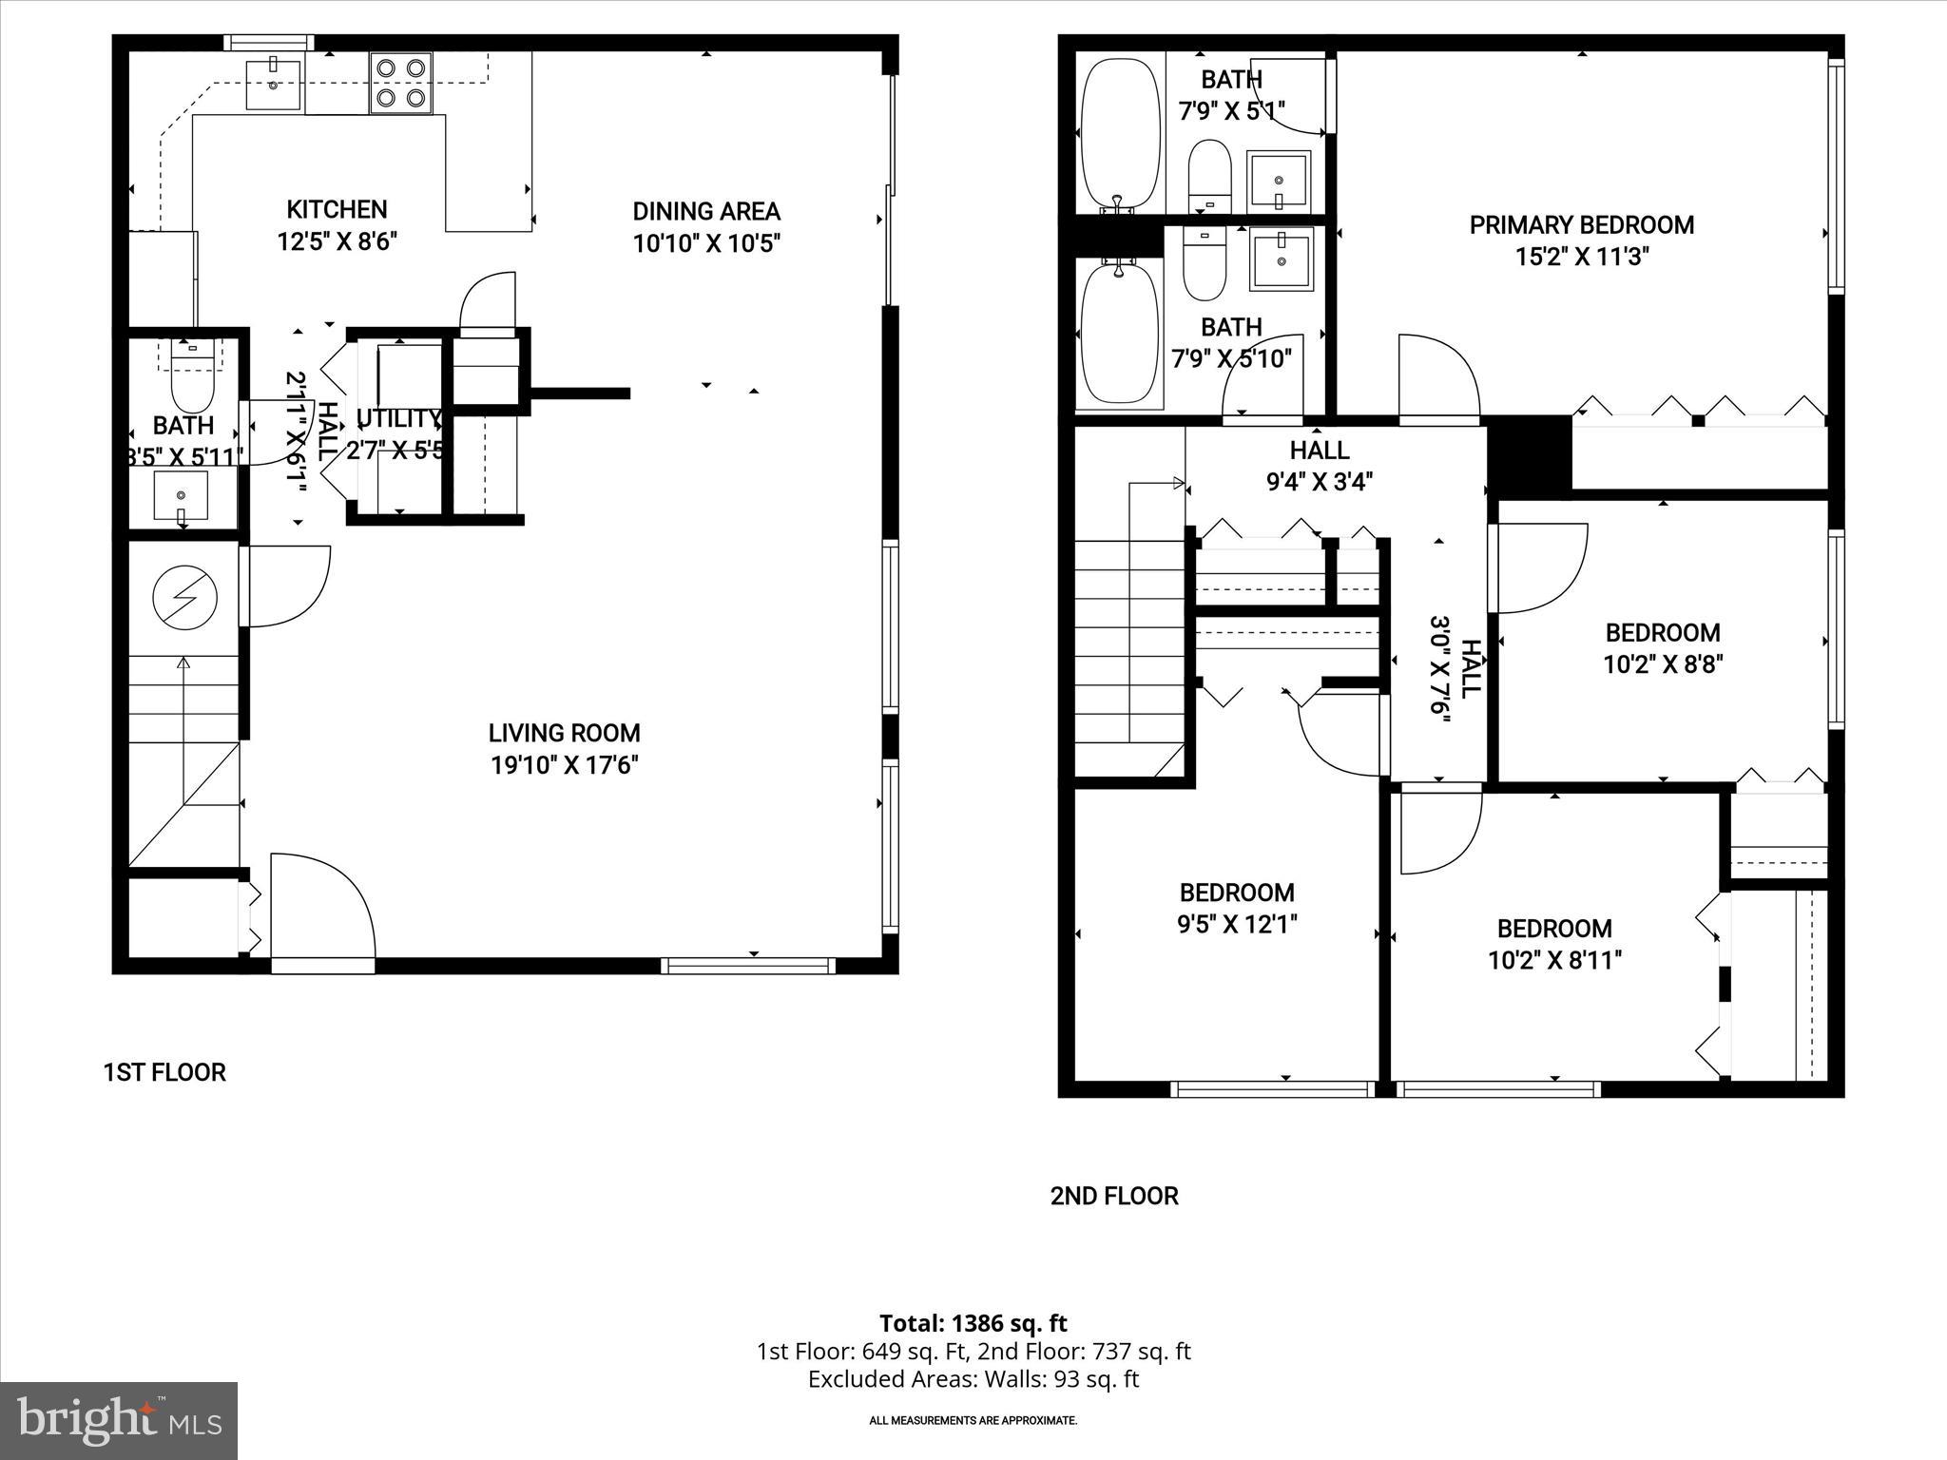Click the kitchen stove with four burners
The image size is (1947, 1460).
400,83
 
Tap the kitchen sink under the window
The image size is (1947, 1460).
274,84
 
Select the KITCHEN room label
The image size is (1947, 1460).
337,209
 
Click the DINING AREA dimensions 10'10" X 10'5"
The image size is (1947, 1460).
706,243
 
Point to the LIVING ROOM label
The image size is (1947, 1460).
564,733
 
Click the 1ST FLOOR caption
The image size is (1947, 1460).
164,1072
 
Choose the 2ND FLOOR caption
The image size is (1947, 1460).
1114,1196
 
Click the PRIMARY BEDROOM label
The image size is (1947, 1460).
1582,225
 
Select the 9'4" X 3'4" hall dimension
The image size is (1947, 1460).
1320,482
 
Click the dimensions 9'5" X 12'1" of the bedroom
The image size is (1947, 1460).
1237,924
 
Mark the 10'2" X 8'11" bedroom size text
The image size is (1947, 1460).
1554,960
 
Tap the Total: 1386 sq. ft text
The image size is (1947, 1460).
973,1323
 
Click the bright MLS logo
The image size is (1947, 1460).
119,1420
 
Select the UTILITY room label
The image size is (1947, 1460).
398,418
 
